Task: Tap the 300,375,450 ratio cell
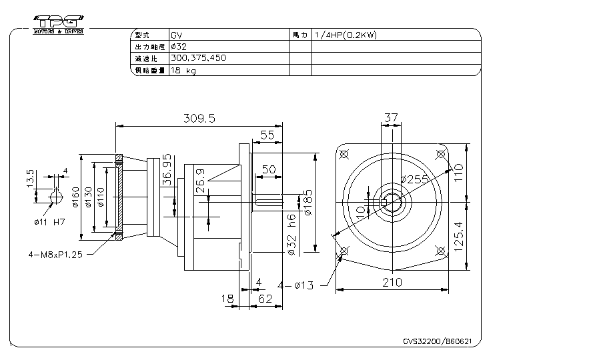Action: point(198,58)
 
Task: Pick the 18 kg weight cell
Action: point(183,70)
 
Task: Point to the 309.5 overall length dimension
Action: point(199,118)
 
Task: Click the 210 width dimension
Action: point(392,282)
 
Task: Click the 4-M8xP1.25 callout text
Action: point(56,254)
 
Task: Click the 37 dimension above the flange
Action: point(391,118)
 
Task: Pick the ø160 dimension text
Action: point(76,197)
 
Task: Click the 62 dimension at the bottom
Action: point(265,299)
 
